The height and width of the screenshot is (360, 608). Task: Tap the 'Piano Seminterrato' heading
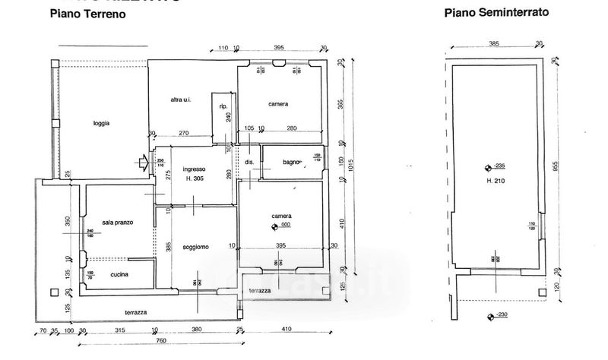pyautogui.click(x=496, y=13)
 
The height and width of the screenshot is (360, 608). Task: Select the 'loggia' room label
pyautogui.click(x=102, y=123)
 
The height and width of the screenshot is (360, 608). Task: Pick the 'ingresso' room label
pyautogui.click(x=197, y=169)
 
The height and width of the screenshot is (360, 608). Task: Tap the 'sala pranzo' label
pyautogui.click(x=118, y=222)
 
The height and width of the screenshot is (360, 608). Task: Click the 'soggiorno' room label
pyautogui.click(x=195, y=247)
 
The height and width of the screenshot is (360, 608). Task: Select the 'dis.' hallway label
pyautogui.click(x=249, y=162)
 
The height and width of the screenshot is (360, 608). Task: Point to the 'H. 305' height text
pyautogui.click(x=198, y=179)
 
